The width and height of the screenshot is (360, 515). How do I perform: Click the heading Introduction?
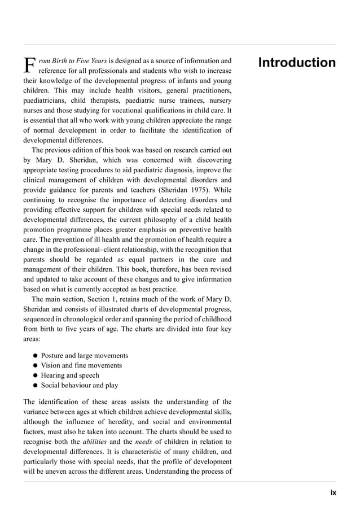click(x=297, y=63)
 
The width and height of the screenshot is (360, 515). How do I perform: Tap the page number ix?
click(x=333, y=492)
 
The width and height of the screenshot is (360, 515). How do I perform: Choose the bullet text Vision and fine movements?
click(x=81, y=365)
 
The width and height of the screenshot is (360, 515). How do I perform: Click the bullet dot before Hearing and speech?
click(x=35, y=376)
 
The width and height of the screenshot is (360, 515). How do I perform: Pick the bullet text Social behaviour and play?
click(x=80, y=385)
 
